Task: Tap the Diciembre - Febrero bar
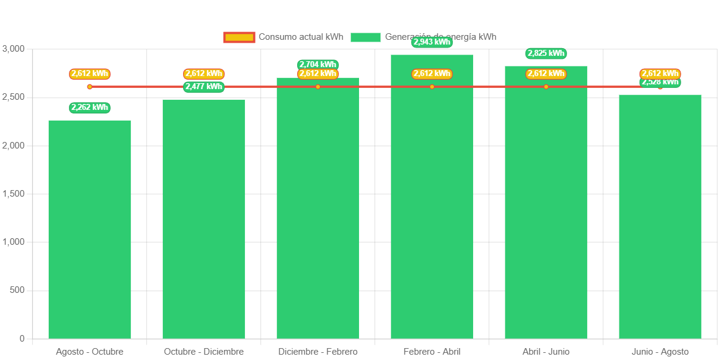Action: [318, 208]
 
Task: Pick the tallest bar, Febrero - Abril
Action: [432, 196]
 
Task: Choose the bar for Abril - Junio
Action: [546, 202]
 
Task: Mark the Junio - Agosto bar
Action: [660, 216]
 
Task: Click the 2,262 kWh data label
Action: [90, 108]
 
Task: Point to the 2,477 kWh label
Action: [204, 87]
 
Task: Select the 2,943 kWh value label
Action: [432, 42]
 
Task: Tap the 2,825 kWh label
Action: [546, 53]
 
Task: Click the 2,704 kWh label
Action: [318, 64]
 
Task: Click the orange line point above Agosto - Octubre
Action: [90, 87]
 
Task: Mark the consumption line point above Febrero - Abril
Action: [432, 87]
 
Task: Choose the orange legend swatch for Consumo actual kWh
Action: [239, 37]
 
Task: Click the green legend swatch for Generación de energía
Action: [366, 37]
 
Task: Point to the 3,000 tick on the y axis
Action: [13, 48]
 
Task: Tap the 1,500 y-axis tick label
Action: [13, 194]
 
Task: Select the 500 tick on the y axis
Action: [18, 290]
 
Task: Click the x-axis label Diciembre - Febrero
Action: [318, 352]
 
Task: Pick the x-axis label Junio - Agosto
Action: [660, 352]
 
